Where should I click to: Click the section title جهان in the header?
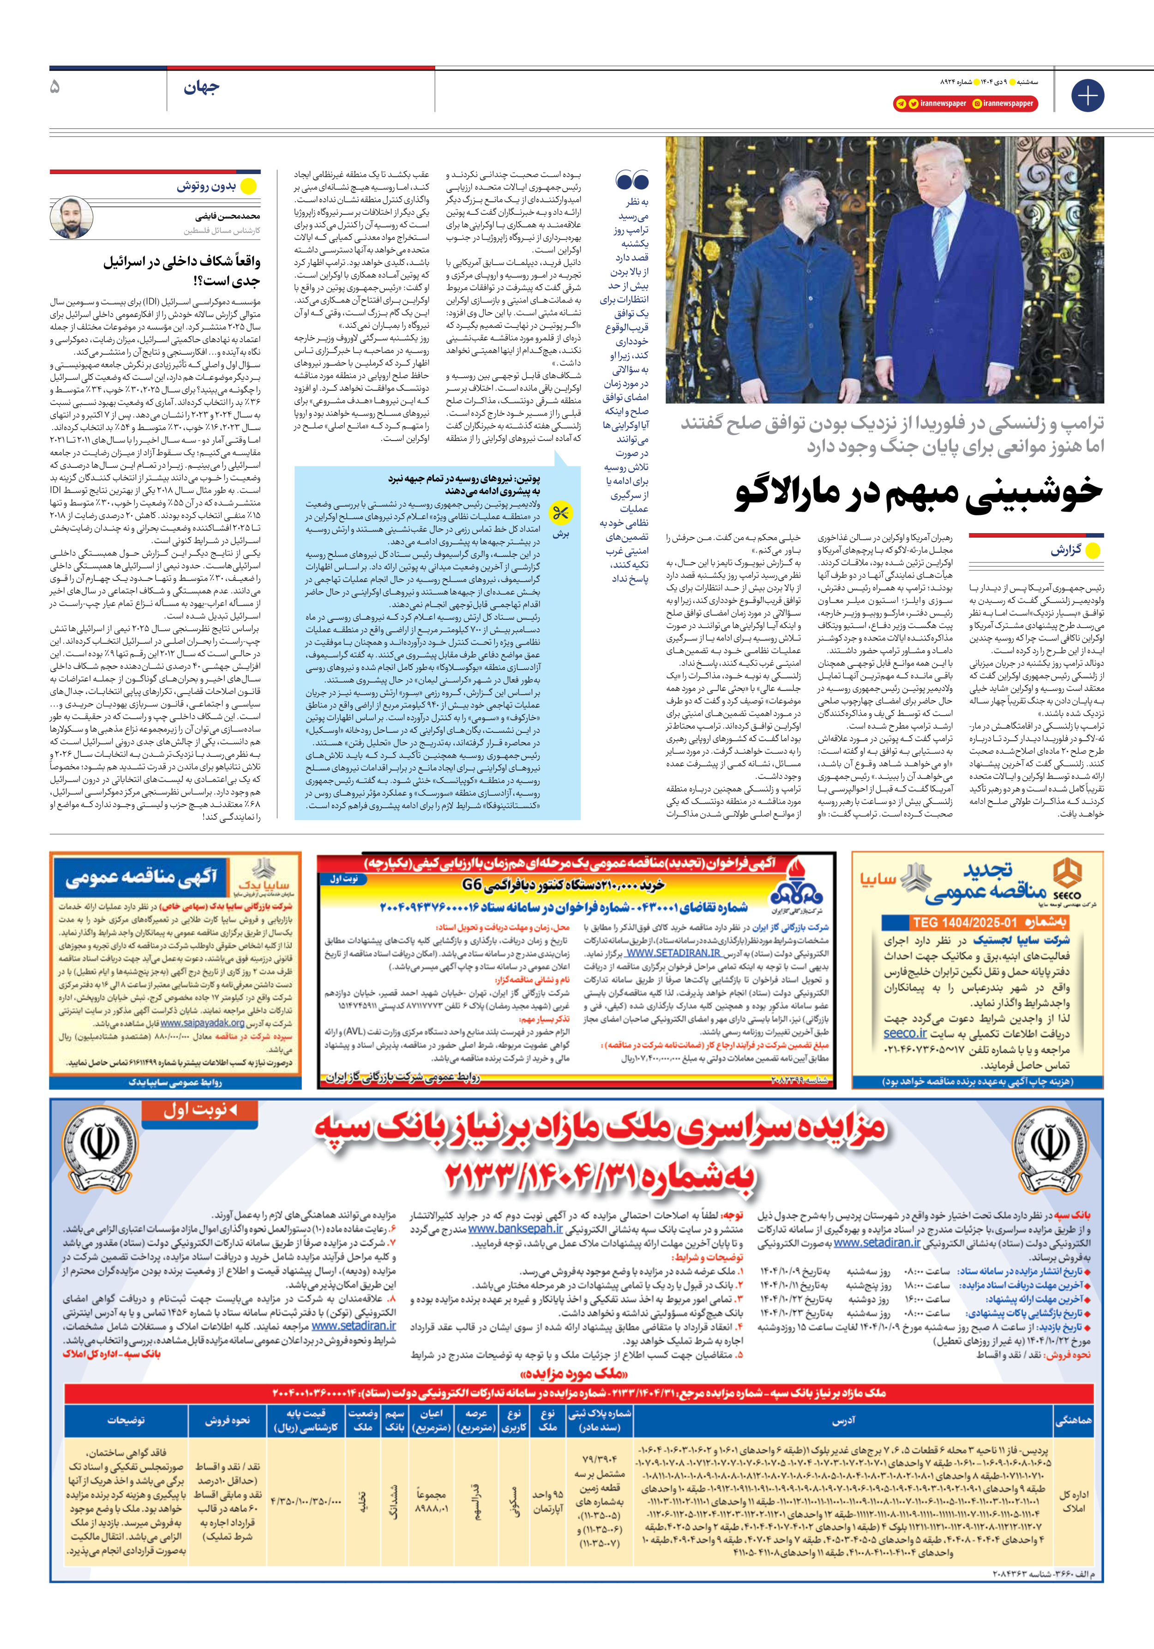click(x=201, y=88)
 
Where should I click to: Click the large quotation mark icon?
click(x=632, y=180)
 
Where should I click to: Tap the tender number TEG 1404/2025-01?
click(x=964, y=922)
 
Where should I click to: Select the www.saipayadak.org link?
click(x=203, y=1023)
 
